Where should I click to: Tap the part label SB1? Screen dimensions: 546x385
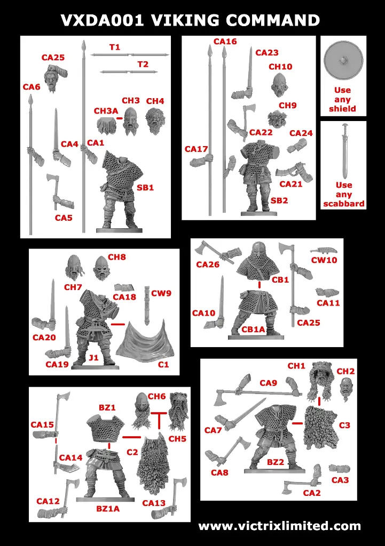(x=145, y=188)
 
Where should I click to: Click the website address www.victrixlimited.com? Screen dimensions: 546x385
(x=279, y=526)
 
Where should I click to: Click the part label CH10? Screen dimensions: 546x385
(x=280, y=67)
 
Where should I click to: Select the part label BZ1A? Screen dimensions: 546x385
(x=108, y=509)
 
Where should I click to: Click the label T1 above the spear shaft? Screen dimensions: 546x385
(x=115, y=47)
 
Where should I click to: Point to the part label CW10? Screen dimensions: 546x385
(x=324, y=260)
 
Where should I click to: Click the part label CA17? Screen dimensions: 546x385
(x=196, y=149)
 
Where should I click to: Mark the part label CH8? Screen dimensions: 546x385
(x=117, y=257)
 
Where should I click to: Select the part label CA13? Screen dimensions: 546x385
(x=153, y=503)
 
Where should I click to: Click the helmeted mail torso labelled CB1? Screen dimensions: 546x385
(x=260, y=261)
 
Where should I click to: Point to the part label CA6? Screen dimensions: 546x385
(x=32, y=87)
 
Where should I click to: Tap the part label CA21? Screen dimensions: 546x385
(x=291, y=184)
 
